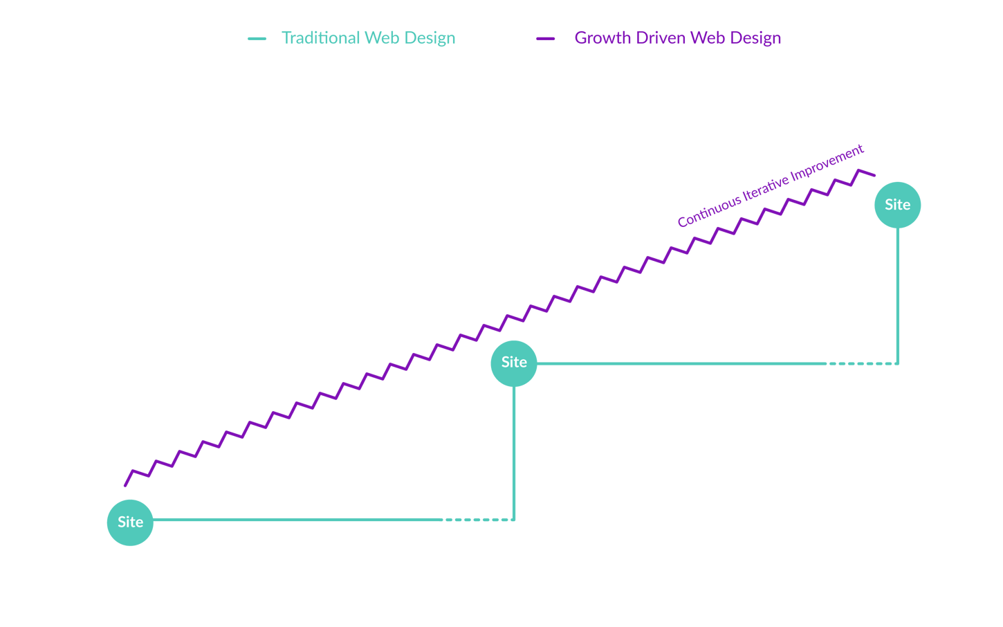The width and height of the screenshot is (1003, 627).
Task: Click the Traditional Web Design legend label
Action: [x=368, y=38]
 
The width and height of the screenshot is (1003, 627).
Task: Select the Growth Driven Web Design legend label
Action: [x=677, y=38]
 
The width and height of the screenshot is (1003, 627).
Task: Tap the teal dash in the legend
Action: [x=257, y=39]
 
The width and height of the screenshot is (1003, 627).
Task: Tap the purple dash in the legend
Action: [x=546, y=39]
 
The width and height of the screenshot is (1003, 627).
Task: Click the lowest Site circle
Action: [x=130, y=522]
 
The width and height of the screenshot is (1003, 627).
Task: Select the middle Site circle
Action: [x=514, y=363]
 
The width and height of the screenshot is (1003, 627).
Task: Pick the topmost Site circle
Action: [x=897, y=205]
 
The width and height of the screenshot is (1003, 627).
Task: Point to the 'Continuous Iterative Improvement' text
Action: [x=771, y=185]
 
